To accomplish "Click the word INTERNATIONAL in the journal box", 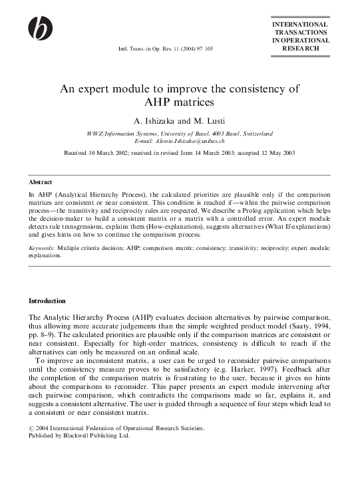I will pyautogui.click(x=300, y=24).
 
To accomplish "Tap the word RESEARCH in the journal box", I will pyautogui.click(x=300, y=49).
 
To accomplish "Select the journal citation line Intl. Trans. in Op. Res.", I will pyautogui.click(x=166, y=49).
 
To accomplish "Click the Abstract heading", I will pyautogui.click(x=41, y=182).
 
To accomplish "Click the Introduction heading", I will pyautogui.click(x=47, y=301).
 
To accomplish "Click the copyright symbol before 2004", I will pyautogui.click(x=32, y=429).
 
